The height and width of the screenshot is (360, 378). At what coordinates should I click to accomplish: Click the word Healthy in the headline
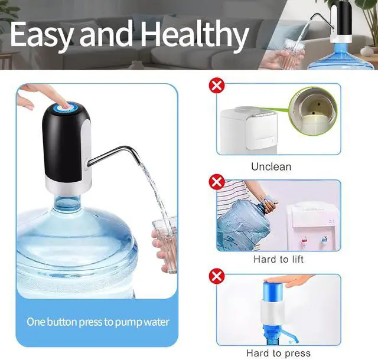(194, 35)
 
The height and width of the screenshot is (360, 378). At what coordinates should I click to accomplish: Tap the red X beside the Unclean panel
(217, 86)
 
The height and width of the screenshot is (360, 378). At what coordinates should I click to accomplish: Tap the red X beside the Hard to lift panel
(217, 182)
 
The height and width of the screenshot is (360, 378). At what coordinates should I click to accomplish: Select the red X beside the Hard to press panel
(217, 276)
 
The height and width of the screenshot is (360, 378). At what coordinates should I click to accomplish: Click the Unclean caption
(271, 167)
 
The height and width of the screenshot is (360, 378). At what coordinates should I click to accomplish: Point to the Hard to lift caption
(278, 260)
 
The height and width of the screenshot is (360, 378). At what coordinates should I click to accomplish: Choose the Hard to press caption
(278, 354)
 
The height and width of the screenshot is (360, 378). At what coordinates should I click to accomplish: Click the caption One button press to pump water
(98, 322)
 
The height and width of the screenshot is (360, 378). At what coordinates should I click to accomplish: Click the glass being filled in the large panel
(165, 245)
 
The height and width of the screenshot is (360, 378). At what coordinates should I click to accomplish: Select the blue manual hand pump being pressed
(273, 311)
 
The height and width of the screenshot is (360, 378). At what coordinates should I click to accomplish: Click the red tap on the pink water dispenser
(305, 240)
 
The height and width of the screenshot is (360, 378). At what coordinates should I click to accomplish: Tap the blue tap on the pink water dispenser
(324, 239)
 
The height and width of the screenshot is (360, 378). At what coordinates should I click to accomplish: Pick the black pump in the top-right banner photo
(341, 21)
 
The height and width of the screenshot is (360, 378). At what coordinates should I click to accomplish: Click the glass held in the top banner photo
(294, 51)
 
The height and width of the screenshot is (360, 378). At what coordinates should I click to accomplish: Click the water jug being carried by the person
(243, 224)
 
